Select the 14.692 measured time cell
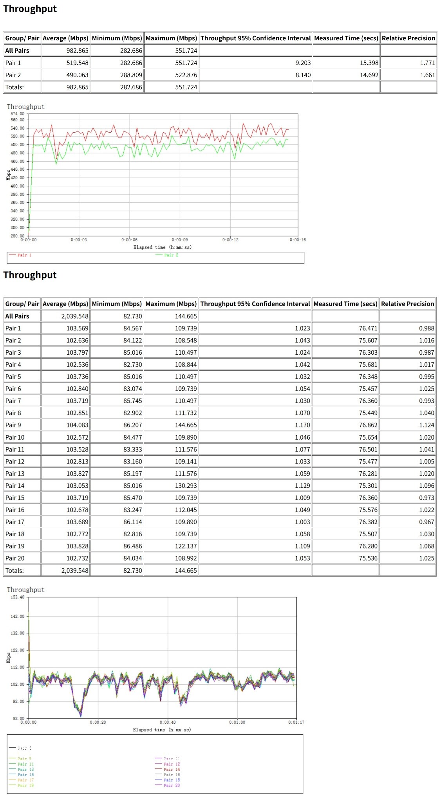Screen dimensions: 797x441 (x=369, y=75)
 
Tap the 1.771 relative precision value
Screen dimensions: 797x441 (x=427, y=63)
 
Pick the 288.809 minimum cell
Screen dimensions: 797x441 (x=131, y=75)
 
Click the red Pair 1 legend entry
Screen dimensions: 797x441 (x=24, y=255)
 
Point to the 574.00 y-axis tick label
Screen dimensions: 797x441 (x=17, y=114)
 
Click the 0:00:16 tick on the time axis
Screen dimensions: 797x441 (x=298, y=240)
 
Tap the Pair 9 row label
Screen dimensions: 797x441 (x=13, y=425)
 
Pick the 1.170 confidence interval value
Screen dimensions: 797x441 (x=302, y=425)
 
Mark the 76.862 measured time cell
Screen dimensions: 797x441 (x=368, y=425)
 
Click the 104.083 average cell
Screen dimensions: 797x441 (x=77, y=425)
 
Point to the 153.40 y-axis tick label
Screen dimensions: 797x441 (x=17, y=597)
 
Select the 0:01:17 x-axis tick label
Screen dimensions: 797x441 (x=296, y=722)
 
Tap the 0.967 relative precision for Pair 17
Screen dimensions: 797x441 (x=427, y=522)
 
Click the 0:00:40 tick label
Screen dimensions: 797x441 (x=168, y=722)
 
